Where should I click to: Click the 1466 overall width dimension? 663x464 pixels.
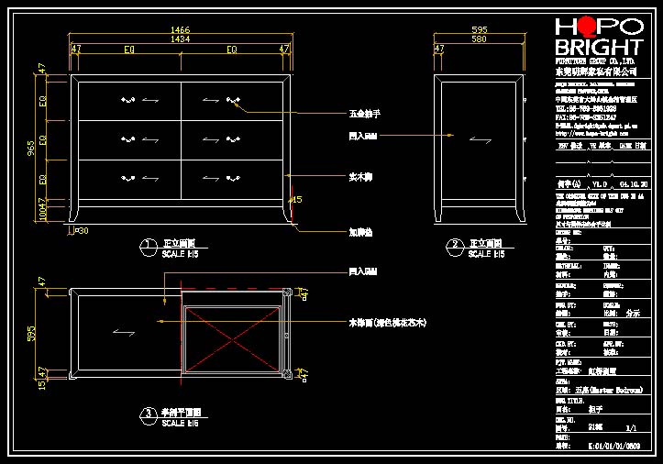pos(181,30)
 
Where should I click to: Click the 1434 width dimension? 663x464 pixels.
pos(181,39)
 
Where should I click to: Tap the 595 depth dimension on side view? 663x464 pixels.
pos(479,30)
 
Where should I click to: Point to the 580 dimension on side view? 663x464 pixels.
pos(479,39)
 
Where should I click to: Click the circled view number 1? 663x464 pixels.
pos(146,245)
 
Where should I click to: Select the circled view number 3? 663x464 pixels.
pos(146,414)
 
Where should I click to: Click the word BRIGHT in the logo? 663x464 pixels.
pos(600,48)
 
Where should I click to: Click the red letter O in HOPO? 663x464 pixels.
pos(581,27)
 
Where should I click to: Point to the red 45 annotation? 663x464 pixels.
pos(296,199)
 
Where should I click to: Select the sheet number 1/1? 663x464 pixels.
pos(631,427)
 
